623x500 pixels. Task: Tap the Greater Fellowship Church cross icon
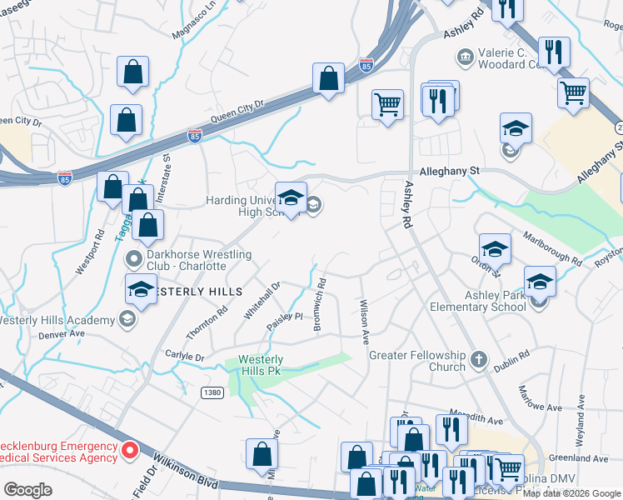pos(478,360)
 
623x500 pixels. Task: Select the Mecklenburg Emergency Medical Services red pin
pos(130,451)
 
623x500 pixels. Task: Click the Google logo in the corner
pos(27,489)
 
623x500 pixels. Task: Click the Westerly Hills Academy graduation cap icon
pos(126,319)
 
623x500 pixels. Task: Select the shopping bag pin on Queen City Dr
pos(329,79)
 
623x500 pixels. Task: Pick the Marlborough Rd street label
pos(551,249)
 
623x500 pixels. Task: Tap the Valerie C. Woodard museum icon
pos(465,57)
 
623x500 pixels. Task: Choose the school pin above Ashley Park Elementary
pos(539,282)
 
